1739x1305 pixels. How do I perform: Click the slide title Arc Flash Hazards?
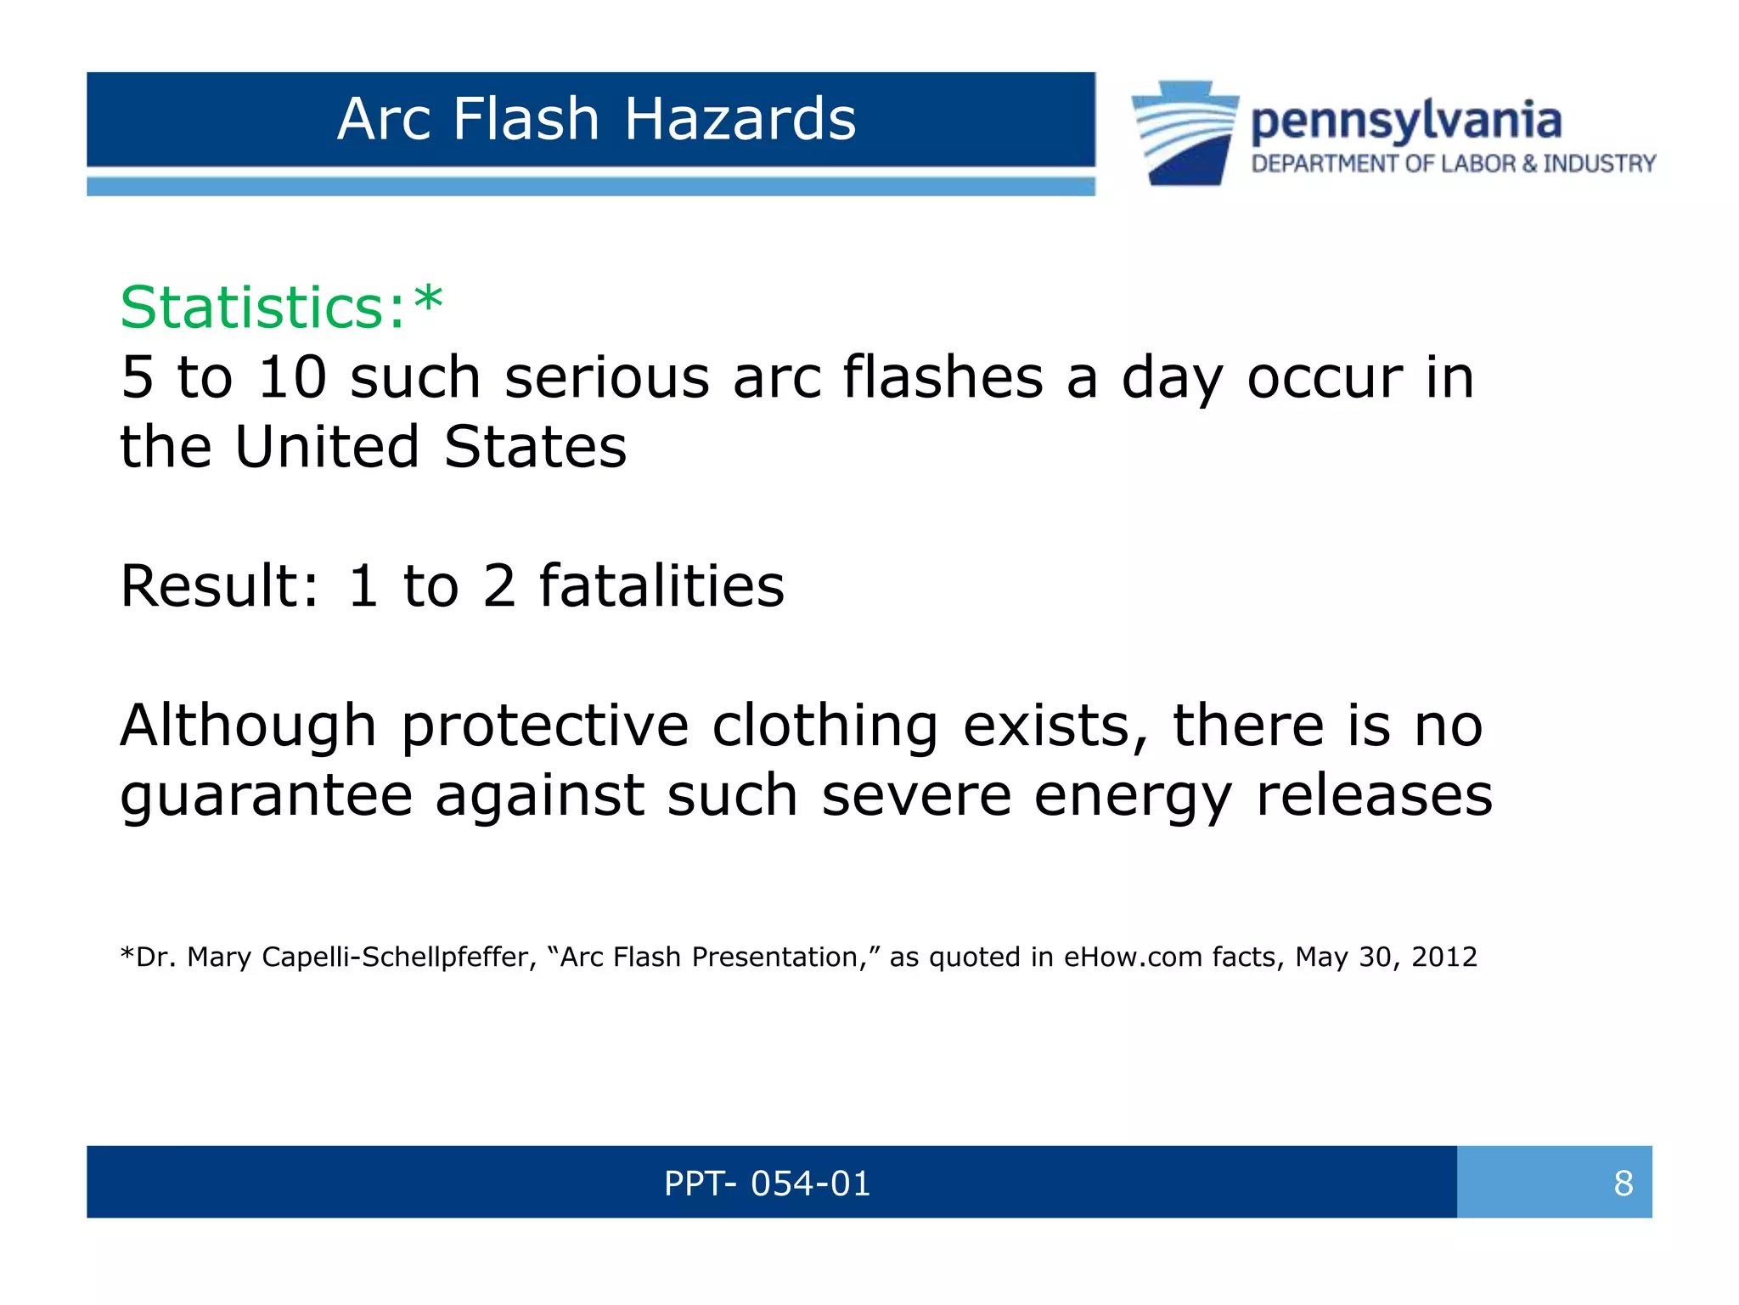point(596,118)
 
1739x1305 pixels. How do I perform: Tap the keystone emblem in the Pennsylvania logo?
point(1185,133)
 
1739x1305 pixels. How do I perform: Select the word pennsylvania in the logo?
point(1406,121)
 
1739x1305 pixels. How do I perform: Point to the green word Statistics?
point(263,307)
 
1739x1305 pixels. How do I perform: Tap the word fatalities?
point(661,586)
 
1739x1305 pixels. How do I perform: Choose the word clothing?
point(824,726)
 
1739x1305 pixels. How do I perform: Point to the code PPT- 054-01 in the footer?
point(768,1184)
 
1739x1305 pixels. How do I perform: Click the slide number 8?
point(1623,1184)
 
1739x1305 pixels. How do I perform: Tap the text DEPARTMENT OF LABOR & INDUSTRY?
point(1453,163)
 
